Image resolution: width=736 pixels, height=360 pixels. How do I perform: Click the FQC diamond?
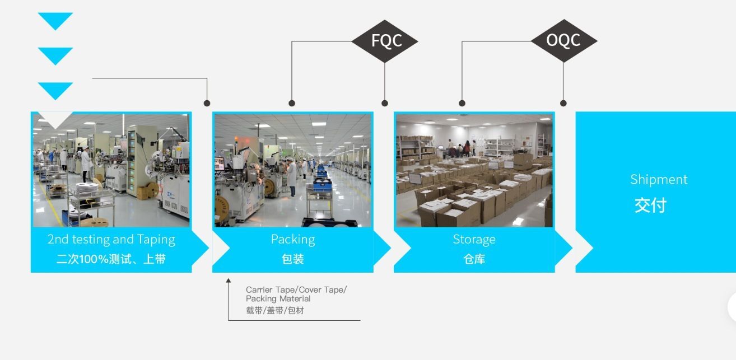[385, 41]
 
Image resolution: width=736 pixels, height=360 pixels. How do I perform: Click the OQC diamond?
[563, 40]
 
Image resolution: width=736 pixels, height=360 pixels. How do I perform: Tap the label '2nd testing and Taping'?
[111, 240]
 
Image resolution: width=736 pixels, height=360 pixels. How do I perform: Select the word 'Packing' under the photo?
[293, 240]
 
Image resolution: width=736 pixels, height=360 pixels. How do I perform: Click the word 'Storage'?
[474, 240]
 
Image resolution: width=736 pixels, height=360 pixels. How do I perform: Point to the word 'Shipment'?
[659, 180]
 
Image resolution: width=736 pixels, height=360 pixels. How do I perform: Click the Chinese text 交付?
[650, 205]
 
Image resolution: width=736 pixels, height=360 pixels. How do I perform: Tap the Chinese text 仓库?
[474, 259]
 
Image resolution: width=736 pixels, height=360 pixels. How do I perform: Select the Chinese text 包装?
[293, 259]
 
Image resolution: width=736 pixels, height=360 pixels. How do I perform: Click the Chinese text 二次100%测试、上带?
[111, 259]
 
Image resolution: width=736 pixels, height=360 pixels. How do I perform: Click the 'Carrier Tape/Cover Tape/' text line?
[296, 289]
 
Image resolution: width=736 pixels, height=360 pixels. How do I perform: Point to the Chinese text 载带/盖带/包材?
[274, 310]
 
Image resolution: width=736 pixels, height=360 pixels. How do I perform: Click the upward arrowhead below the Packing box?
[229, 280]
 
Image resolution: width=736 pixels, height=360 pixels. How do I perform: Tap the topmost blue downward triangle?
[55, 20]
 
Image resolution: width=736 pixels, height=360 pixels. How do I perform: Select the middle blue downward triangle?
[55, 55]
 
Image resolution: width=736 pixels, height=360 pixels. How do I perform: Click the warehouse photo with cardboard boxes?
[474, 170]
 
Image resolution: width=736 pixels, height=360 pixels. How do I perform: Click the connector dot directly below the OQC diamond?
[563, 103]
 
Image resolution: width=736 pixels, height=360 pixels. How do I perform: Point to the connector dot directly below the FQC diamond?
[385, 103]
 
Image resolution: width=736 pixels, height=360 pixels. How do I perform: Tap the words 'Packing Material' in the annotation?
[278, 299]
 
